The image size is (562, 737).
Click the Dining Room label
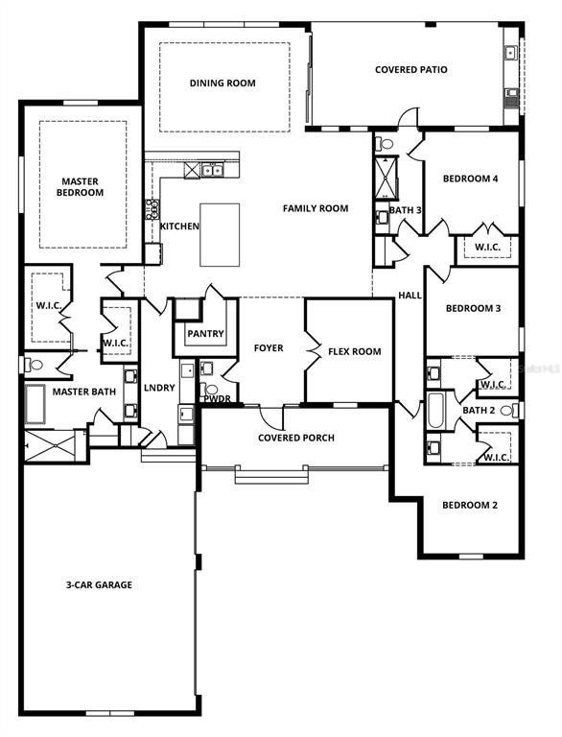click(222, 83)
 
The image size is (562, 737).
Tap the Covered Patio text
click(410, 70)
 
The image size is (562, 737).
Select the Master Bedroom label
click(81, 186)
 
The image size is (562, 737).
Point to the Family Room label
click(315, 208)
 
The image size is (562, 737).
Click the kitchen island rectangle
click(220, 234)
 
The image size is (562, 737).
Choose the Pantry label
click(205, 334)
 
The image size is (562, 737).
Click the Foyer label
click(269, 347)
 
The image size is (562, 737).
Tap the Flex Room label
click(354, 351)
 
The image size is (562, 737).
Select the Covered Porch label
click(296, 438)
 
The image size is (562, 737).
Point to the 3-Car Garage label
click(99, 584)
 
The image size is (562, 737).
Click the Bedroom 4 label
click(470, 178)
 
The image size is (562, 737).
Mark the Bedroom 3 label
click(471, 308)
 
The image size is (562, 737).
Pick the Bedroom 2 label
click(470, 505)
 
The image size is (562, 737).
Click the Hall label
click(410, 296)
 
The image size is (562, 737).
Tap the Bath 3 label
click(405, 210)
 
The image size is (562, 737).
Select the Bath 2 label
click(479, 411)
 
